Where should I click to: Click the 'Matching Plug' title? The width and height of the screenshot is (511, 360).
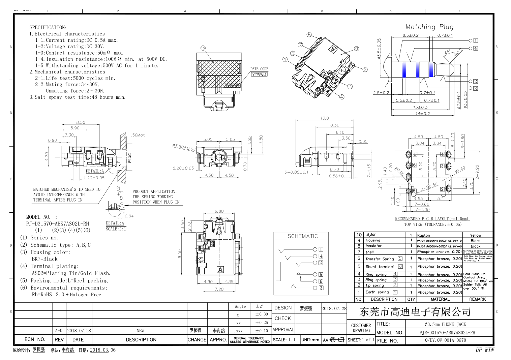pos(429,27)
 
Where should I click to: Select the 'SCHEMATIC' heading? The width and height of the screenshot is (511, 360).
pos(302,236)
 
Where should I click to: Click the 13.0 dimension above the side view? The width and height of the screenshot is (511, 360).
pos(324,118)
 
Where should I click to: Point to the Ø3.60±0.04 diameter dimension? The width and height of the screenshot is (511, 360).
pos(184,147)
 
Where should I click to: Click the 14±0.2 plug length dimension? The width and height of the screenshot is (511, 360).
pos(422,114)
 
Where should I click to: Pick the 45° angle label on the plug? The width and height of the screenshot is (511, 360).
pos(447,52)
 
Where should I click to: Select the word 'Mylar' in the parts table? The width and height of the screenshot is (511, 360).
pos(371,235)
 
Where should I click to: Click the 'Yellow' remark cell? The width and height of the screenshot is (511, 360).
pos(475,235)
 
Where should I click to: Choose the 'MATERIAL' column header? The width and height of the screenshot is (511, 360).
pos(440,299)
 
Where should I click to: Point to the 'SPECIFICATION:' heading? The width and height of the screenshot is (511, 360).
pos(48,27)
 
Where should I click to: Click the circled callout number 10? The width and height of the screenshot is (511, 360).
pos(203,48)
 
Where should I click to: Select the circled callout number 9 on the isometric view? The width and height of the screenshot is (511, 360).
pos(356,49)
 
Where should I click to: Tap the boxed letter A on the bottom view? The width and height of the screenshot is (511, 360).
pos(220,269)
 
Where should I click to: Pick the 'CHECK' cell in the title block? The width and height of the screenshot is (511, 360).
pos(282,318)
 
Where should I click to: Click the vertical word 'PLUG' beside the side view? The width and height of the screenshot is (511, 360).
pos(130,158)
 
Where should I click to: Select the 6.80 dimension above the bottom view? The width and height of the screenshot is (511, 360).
pos(219,211)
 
